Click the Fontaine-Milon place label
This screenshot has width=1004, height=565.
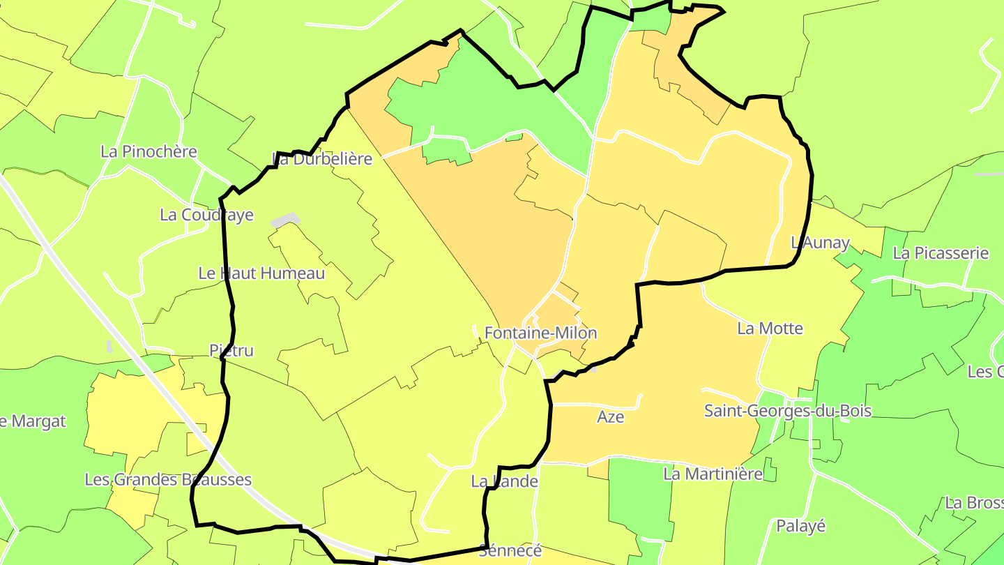coord(540,333)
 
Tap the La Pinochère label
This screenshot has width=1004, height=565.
coord(149,151)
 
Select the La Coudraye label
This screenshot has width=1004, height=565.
coord(206,215)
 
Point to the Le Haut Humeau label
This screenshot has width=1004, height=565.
coord(261,273)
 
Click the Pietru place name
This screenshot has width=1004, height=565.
coord(231,350)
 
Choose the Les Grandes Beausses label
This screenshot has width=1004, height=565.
coord(167,480)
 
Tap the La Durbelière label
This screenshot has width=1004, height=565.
coord(322,159)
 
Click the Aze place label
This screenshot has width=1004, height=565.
coord(610,417)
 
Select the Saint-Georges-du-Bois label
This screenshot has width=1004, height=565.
coord(787,411)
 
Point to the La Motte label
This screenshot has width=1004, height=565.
coord(770,329)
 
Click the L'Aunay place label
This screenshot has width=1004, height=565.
coord(820,243)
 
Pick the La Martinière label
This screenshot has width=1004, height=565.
coord(713,474)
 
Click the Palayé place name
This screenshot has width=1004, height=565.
coord(800,526)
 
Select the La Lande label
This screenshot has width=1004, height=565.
coord(504,481)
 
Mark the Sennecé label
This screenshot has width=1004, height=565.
coord(510,551)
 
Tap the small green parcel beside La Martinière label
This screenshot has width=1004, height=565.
coord(770,469)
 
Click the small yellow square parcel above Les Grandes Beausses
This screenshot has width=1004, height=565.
coord(196,444)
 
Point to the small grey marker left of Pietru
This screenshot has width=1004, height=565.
coord(109,346)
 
